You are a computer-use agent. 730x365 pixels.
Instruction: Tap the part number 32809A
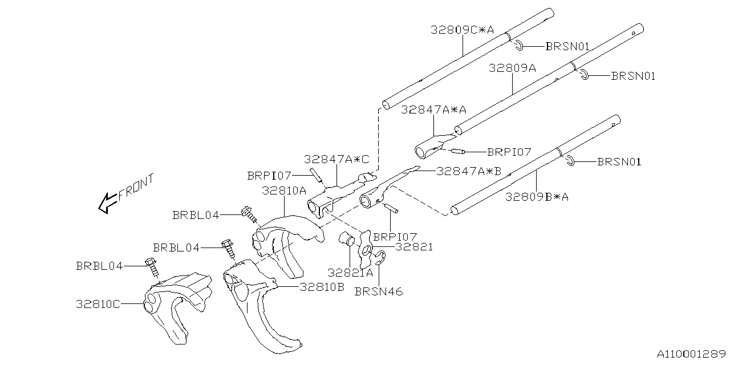point(512,68)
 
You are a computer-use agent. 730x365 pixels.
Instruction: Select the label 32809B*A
point(537,197)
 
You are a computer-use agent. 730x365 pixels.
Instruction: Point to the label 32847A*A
point(433,109)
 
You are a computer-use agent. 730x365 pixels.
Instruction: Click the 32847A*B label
point(468,171)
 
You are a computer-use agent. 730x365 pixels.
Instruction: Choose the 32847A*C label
point(336,160)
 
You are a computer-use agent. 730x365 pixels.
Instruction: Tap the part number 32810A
point(284,190)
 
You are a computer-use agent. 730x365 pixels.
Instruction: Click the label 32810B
point(322,287)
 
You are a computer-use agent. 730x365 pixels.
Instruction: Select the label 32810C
point(98,304)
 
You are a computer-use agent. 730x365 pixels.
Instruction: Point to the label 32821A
point(350,273)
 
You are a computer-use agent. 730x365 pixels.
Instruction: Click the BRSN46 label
point(378,291)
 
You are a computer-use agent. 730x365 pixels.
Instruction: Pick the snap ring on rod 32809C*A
point(517,46)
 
